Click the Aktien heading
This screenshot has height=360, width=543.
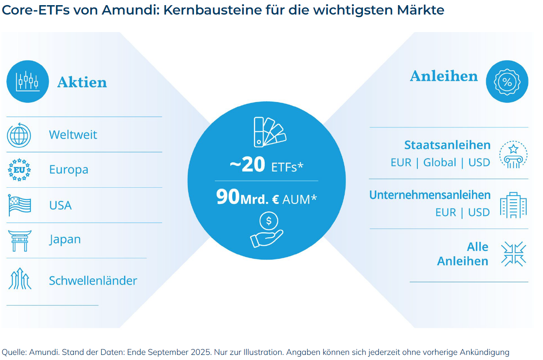pyautogui.click(x=82, y=82)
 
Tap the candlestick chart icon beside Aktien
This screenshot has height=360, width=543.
pyautogui.click(x=27, y=81)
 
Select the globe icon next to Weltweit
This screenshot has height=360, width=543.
pyautogui.click(x=19, y=135)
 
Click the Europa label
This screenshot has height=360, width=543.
pyautogui.click(x=68, y=170)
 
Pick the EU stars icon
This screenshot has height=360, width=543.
pyautogui.click(x=19, y=170)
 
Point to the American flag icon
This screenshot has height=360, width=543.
pyautogui.click(x=20, y=205)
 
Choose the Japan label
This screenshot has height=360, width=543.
pyautogui.click(x=65, y=239)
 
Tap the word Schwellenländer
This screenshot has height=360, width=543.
pyautogui.click(x=93, y=281)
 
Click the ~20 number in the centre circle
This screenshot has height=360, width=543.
pyautogui.click(x=247, y=165)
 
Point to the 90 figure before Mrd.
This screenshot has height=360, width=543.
pyautogui.click(x=228, y=197)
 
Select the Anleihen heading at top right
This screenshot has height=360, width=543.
pyautogui.click(x=443, y=76)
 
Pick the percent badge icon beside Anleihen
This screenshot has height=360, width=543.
pyautogui.click(x=507, y=82)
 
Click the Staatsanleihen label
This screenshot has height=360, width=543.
pyautogui.click(x=447, y=145)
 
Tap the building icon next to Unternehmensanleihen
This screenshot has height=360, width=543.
pyautogui.click(x=513, y=205)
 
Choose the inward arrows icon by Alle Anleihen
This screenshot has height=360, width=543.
pyautogui.click(x=513, y=254)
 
